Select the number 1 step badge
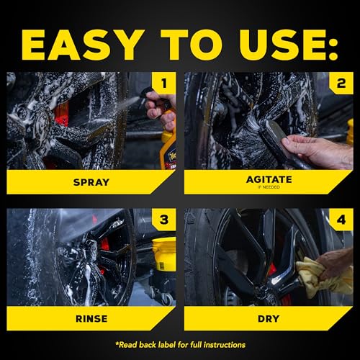pyautogui.click(x=164, y=84)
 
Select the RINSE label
pyautogui.click(x=91, y=317)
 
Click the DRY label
pyautogui.click(x=268, y=317)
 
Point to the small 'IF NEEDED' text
pyautogui.click(x=268, y=187)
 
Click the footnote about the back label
pyautogui.click(x=180, y=345)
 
